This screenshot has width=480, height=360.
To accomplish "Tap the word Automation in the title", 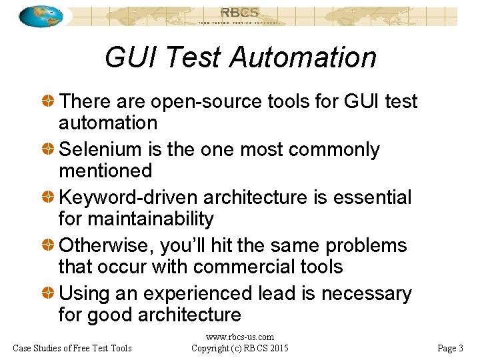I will click(x=303, y=57).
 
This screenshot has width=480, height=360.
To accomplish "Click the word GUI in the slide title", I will click(x=131, y=57).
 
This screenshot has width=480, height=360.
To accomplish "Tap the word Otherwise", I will click(x=107, y=245).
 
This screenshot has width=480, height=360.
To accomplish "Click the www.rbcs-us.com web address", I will click(x=239, y=337).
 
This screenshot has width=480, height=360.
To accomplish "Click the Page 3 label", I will click(x=450, y=348).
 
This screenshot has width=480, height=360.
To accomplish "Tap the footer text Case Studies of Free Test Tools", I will click(x=72, y=348).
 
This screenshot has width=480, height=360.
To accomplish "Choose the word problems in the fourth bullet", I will click(x=366, y=245).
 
